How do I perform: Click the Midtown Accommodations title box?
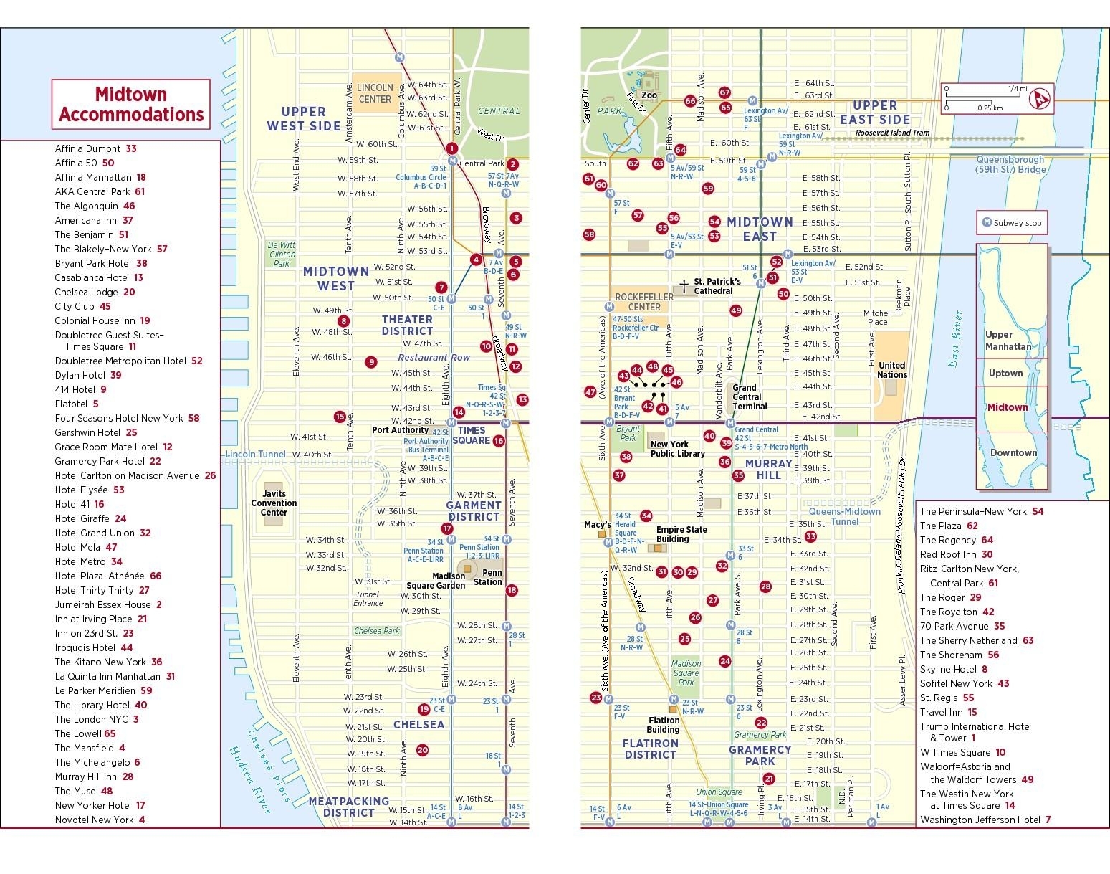(x=130, y=104)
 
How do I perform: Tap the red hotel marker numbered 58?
(x=589, y=234)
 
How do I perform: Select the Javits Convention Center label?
(x=274, y=503)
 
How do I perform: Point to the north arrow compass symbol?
(x=1039, y=99)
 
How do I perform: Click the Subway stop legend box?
(x=1012, y=223)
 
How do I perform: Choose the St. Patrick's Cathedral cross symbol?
(x=684, y=285)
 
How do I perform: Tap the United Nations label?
(x=892, y=370)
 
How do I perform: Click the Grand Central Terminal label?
(x=750, y=397)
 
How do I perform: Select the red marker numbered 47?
(x=590, y=391)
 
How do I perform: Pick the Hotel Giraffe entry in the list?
(x=90, y=518)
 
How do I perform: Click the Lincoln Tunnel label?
(x=255, y=455)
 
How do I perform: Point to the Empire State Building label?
(x=681, y=534)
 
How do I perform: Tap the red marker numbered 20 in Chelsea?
(x=423, y=750)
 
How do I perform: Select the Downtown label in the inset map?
(x=1013, y=452)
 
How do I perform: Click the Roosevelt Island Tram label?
(x=892, y=133)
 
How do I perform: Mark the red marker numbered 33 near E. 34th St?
(x=810, y=536)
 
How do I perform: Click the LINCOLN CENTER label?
(x=375, y=93)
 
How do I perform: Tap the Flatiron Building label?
(x=664, y=725)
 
